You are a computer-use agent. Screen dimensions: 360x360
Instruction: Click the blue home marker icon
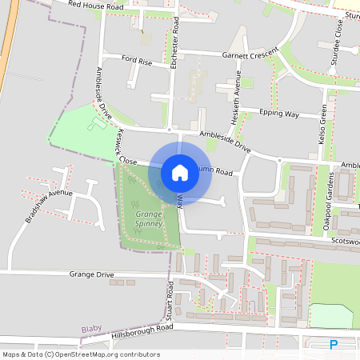point(180,172)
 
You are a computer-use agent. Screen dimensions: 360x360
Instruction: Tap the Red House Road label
point(96,5)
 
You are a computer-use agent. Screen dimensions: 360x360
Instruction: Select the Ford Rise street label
point(137,59)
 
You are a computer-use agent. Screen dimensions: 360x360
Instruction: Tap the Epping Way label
point(280,114)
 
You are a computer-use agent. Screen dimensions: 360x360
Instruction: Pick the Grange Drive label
point(92,274)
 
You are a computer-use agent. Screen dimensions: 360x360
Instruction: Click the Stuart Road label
point(170,302)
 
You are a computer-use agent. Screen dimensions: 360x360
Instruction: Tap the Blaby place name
point(92,329)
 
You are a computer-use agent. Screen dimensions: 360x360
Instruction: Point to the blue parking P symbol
point(334,345)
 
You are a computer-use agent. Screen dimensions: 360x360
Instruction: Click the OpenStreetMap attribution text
point(81,354)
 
